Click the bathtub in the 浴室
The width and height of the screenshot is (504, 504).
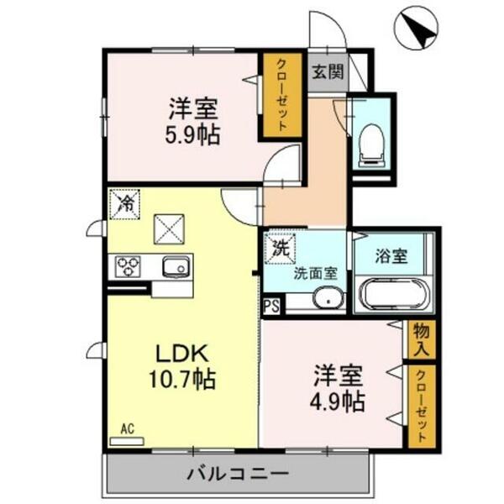(x=394, y=294)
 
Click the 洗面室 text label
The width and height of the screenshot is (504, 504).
(x=315, y=272)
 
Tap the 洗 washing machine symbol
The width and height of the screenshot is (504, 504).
(x=281, y=248)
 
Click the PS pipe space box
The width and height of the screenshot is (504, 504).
(x=272, y=306)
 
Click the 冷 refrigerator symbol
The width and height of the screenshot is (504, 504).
(x=125, y=203)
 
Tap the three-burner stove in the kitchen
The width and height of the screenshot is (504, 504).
(x=129, y=266)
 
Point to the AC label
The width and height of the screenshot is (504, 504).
(x=127, y=429)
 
